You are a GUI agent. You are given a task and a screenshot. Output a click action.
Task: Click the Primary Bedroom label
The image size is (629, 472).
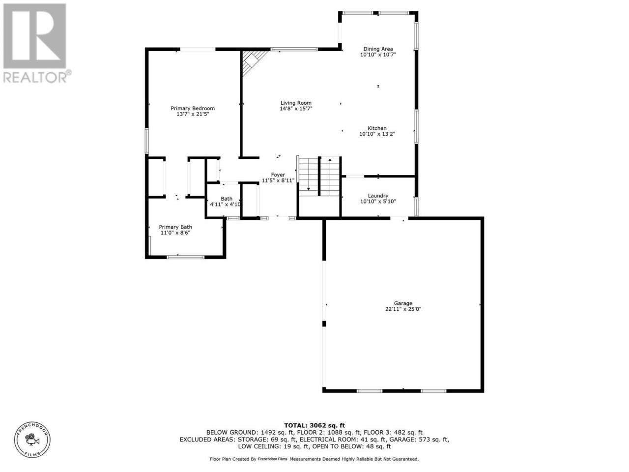coord(193,108)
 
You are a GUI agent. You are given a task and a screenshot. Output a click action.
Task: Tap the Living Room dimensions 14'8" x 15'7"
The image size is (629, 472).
coord(296,109)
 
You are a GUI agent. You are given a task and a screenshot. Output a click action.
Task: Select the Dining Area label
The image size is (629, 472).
coord(378,49)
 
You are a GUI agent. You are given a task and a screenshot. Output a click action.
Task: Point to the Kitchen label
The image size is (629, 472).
coord(377,128)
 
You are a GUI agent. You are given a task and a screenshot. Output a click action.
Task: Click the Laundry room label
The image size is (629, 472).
coord(378,196)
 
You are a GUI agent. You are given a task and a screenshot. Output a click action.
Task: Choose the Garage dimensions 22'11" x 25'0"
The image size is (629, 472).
coord(403,309)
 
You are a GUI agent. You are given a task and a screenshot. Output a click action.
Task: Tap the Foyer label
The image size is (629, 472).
coord(278,175)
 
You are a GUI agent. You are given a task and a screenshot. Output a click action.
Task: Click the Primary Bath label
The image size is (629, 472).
coord(175,227)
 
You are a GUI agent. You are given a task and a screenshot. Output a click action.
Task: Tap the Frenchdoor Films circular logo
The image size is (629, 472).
coord(32,440)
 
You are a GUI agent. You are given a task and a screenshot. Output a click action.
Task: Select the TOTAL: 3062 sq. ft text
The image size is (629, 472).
coord(314,426)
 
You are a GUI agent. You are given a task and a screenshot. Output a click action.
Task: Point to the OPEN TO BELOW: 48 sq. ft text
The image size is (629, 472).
coord(352,446)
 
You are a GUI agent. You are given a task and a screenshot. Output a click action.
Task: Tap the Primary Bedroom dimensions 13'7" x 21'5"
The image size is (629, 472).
coord(193,114)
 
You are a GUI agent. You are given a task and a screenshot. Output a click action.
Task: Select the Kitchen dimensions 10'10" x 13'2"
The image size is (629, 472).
coord(377,134)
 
